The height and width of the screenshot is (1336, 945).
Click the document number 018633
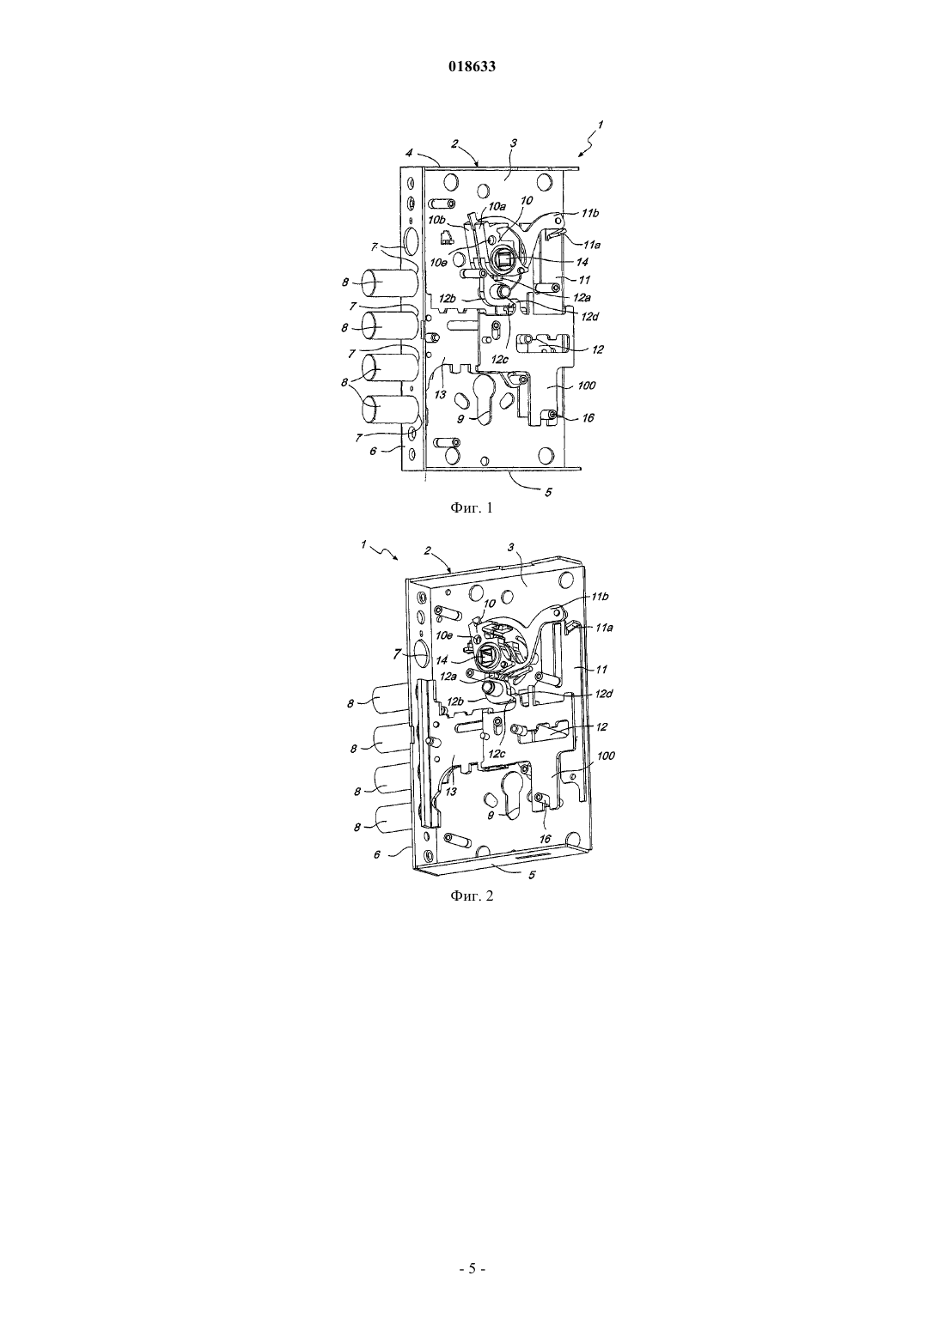[472, 67]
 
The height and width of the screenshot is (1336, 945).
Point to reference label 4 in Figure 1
[409, 154]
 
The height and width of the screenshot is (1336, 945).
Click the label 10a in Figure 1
[497, 206]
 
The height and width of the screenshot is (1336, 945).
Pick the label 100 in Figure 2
[606, 756]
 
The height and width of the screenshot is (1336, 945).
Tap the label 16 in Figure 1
[588, 417]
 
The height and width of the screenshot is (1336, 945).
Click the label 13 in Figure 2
[452, 792]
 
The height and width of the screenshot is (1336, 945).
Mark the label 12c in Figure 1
[499, 360]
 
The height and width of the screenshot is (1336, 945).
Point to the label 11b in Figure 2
[600, 597]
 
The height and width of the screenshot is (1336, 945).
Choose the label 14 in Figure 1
[582, 262]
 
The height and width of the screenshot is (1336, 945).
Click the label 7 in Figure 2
[396, 654]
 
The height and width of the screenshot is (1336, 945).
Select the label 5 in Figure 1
[548, 492]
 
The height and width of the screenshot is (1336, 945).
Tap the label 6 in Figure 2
[377, 854]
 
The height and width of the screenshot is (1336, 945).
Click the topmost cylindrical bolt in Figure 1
[390, 282]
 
